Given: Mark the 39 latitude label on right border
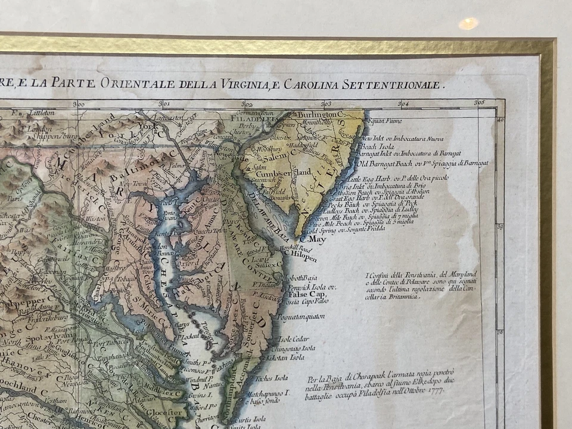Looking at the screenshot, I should [x=499, y=227].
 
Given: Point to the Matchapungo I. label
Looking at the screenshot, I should [x=272, y=393].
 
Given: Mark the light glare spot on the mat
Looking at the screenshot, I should [x=468, y=23].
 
